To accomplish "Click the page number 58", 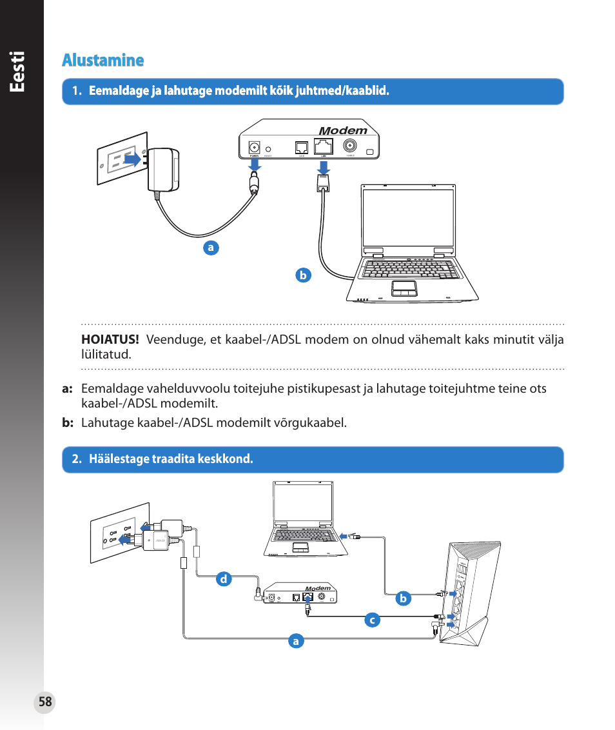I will (x=45, y=702).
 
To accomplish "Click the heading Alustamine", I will (x=103, y=60).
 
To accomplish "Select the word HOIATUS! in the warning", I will (x=110, y=340).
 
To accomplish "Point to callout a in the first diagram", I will (x=210, y=248).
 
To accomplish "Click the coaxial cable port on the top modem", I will (x=350, y=146).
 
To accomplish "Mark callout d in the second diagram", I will (x=224, y=579).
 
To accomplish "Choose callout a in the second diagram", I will (x=296, y=641).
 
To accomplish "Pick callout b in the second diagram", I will (x=403, y=598).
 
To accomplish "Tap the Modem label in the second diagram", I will (x=318, y=588).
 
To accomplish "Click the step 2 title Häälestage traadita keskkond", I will (x=171, y=459).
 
